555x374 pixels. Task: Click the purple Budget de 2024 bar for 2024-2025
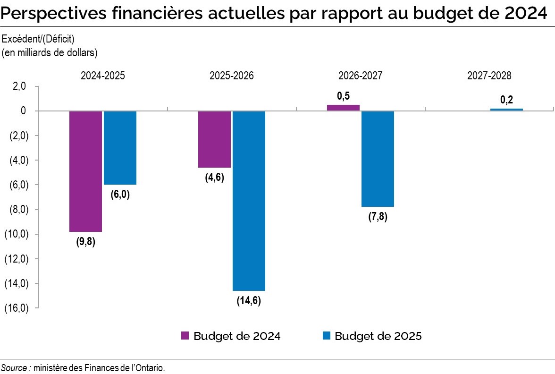[x=86, y=171]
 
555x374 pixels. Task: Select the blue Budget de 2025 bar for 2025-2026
[x=249, y=201]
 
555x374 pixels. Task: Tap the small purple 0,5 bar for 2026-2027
[x=343, y=108]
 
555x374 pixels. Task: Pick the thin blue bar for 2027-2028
[x=506, y=110]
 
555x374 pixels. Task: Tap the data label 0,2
[x=506, y=100]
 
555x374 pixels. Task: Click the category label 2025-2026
[x=231, y=76]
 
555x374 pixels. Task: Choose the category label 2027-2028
[x=489, y=76]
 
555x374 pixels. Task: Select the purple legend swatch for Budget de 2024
[x=185, y=336]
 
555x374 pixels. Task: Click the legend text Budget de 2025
[x=378, y=336]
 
